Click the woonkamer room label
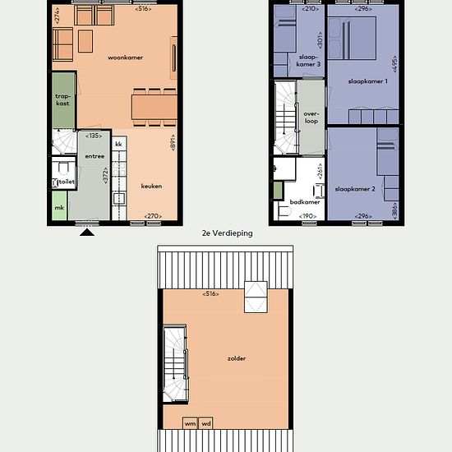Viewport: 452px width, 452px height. (125, 58)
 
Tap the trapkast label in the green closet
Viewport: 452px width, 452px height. (62, 99)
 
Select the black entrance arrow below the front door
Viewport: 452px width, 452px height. (87, 233)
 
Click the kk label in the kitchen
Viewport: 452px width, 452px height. (118, 144)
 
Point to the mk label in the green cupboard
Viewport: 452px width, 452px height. (59, 208)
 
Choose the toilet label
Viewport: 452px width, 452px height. (67, 182)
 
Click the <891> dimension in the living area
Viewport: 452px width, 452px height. (173, 142)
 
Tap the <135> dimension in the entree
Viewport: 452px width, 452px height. (94, 136)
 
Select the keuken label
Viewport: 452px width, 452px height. (151, 187)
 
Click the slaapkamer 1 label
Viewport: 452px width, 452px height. (368, 81)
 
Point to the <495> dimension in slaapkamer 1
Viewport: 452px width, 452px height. (394, 64)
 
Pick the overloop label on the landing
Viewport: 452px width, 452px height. (311, 118)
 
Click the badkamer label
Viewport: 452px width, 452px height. (305, 202)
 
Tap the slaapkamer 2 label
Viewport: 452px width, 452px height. (355, 189)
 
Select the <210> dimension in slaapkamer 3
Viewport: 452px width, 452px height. (310, 9)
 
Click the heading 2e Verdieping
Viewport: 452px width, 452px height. (227, 233)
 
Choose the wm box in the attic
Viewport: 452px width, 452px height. (191, 423)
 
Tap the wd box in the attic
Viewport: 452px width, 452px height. (205, 423)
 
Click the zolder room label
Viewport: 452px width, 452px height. (237, 358)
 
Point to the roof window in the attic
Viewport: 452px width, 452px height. (256, 297)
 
